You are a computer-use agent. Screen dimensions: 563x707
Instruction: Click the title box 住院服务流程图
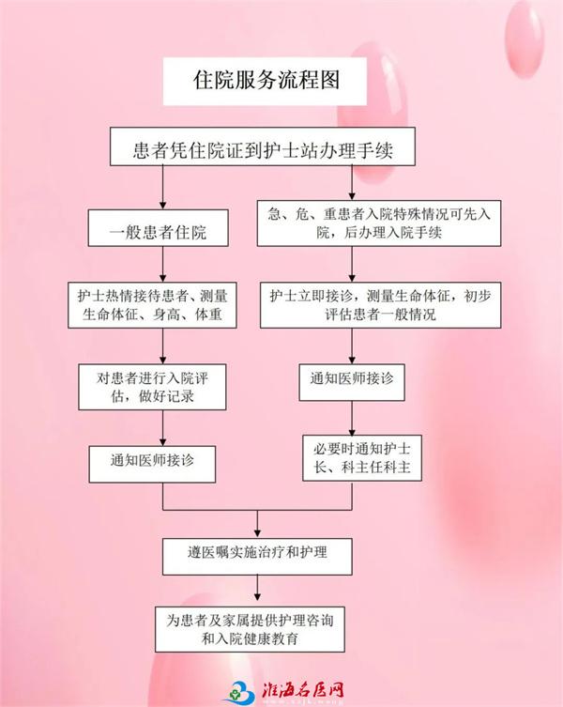click(x=265, y=81)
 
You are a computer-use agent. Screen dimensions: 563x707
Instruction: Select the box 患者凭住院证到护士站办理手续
click(x=263, y=146)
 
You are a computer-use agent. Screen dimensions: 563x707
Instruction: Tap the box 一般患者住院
click(x=159, y=228)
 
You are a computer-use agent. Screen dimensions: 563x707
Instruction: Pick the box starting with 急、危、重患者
click(x=379, y=223)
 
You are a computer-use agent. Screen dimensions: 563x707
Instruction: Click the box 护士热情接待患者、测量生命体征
click(x=152, y=305)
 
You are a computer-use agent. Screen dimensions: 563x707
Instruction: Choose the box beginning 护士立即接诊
click(x=380, y=305)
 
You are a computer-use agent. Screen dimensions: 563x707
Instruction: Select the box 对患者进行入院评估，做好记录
click(x=152, y=387)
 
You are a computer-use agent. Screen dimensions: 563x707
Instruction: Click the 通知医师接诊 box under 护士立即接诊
click(x=352, y=382)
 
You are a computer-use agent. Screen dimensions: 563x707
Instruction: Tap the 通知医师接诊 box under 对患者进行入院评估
click(x=152, y=465)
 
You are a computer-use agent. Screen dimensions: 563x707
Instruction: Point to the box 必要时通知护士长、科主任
click(x=362, y=458)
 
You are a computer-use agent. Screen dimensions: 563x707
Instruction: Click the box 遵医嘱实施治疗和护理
click(x=257, y=557)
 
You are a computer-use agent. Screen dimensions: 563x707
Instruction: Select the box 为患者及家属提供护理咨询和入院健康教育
click(x=251, y=629)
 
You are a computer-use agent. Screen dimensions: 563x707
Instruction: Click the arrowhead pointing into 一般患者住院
click(x=162, y=206)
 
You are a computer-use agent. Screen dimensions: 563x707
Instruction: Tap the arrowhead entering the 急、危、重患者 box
click(x=352, y=196)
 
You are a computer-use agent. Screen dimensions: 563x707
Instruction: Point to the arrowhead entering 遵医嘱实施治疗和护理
click(x=257, y=534)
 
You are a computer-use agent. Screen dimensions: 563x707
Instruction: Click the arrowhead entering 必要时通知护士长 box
click(x=352, y=431)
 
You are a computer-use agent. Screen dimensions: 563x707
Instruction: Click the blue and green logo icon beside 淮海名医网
click(x=239, y=692)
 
